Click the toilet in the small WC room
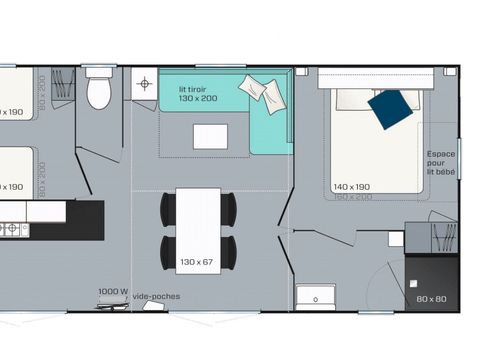click(x=99, y=91)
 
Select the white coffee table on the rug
click(x=210, y=135)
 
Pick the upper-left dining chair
click(x=168, y=208)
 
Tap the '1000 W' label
click(x=112, y=292)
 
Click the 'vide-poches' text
click(x=162, y=296)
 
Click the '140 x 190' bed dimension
click(x=352, y=187)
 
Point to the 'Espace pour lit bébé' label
click(x=441, y=162)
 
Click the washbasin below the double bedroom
click(x=315, y=298)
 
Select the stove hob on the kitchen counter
click(x=12, y=229)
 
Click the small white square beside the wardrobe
click(x=397, y=240)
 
